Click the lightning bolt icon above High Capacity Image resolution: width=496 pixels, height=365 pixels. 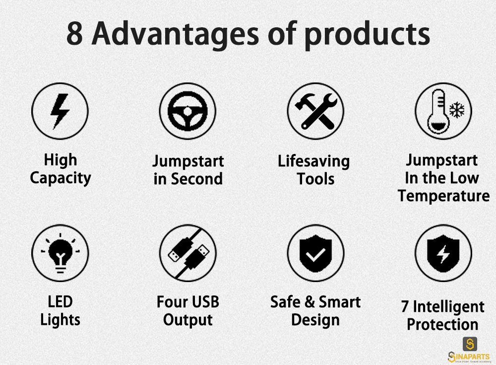(x=60, y=111)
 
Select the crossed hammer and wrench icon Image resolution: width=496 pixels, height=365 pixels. (x=315, y=111)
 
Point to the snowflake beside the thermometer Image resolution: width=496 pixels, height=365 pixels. (x=457, y=110)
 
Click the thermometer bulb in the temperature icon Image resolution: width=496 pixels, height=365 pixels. (x=438, y=125)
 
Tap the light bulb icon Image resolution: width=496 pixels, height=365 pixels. (x=60, y=253)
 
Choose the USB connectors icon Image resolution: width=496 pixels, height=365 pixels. (x=188, y=253)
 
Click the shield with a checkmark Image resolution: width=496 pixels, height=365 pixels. (x=315, y=253)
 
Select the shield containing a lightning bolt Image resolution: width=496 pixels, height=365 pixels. (x=443, y=253)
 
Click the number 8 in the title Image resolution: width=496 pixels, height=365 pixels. (x=75, y=34)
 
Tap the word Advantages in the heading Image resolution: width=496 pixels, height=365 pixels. (x=176, y=35)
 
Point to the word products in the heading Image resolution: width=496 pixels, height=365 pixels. (x=367, y=35)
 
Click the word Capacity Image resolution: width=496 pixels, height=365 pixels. (x=61, y=178)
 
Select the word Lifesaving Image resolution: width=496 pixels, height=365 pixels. (x=314, y=161)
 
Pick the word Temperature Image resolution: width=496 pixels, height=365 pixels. (x=443, y=196)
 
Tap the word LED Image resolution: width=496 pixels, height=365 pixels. (x=60, y=301)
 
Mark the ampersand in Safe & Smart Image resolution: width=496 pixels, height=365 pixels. (x=310, y=302)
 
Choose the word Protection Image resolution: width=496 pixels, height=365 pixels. (x=442, y=324)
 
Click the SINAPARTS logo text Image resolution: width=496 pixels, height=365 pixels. (x=469, y=357)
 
